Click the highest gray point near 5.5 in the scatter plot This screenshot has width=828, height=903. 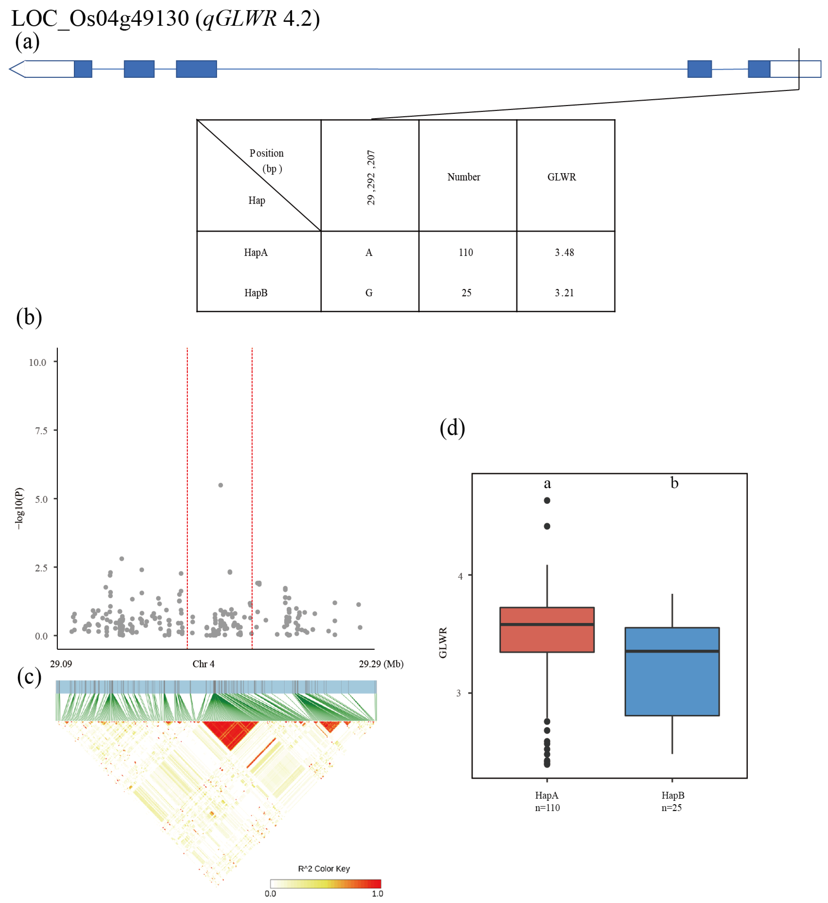(221, 485)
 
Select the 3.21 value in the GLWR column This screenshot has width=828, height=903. (564, 293)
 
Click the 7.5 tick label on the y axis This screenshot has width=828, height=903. (41, 431)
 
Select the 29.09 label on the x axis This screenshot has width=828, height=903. (61, 664)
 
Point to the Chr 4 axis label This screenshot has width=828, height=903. (203, 664)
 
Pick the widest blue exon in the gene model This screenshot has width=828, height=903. (196, 69)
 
